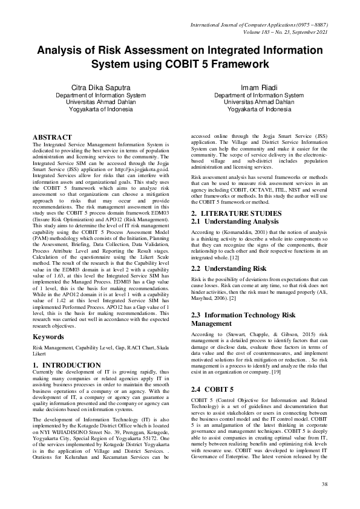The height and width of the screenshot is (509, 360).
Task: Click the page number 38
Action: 324,485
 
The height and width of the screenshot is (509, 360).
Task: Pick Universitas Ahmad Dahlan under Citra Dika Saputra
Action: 100,102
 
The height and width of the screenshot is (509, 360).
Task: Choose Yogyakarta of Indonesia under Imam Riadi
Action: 259,109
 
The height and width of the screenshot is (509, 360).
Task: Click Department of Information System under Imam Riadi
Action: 259,95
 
